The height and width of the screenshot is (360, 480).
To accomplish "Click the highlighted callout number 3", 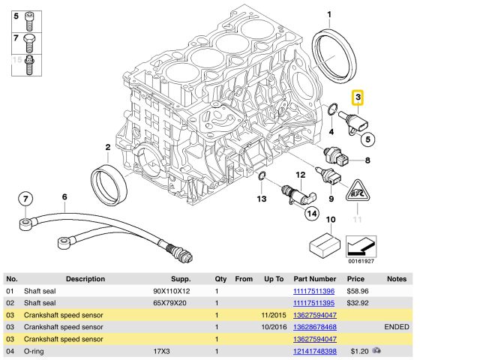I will [358, 97].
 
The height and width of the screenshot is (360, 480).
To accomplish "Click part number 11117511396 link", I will [313, 291].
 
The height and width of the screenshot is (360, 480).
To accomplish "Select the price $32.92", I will [357, 303].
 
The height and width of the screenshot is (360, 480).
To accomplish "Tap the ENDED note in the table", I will [396, 327].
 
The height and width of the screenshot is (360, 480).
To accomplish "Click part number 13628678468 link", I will [313, 327].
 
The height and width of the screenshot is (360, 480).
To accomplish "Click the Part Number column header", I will [313, 278].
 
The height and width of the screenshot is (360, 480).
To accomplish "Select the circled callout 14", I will [310, 214].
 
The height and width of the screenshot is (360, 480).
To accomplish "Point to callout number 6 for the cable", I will [64, 197].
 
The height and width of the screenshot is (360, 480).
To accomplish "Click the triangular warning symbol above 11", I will [357, 194].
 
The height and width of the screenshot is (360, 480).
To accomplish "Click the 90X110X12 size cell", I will [171, 291].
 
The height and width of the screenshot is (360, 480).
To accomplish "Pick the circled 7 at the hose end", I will [26, 199].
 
